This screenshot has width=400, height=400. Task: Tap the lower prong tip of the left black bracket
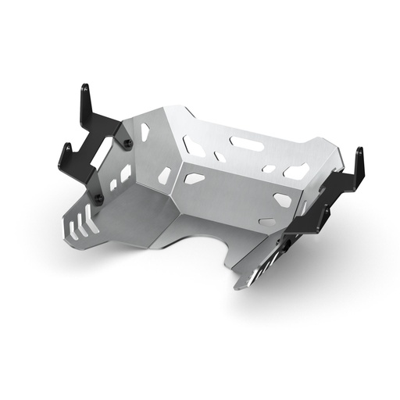point(66,148)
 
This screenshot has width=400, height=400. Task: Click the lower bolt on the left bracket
point(99,199)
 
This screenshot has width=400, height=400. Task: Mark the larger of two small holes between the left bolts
point(126,173)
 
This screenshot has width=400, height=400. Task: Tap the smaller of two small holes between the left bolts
point(113,184)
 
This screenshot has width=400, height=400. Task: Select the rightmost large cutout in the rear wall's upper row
point(297,171)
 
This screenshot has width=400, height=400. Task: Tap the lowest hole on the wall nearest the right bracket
point(267,222)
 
